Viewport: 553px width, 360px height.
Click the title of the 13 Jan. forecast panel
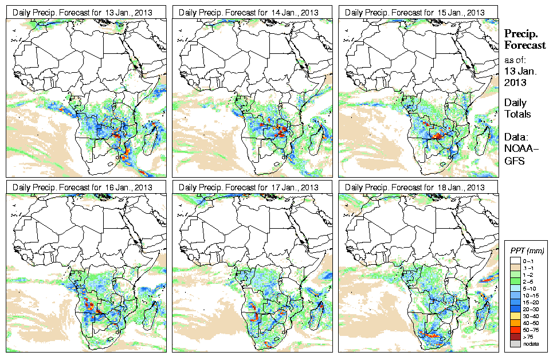(83, 12)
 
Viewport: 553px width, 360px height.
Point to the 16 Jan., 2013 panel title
(83, 187)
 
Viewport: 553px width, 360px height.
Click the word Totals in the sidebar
(517, 114)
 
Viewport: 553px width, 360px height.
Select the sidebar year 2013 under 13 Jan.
(515, 83)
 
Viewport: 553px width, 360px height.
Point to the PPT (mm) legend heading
(527, 251)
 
